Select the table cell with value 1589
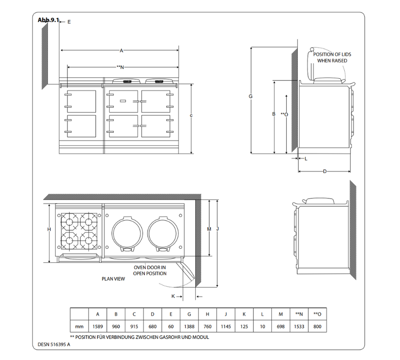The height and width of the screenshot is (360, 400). (x=98, y=327)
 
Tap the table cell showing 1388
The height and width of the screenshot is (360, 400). (x=189, y=327)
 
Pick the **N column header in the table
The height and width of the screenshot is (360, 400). (x=299, y=314)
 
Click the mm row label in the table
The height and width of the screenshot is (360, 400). (x=79, y=327)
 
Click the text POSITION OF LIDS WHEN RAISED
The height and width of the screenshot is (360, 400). (x=332, y=57)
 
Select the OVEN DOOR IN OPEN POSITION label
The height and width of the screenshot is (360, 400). (x=150, y=270)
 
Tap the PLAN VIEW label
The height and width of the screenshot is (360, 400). (x=113, y=279)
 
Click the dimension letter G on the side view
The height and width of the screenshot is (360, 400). (x=251, y=96)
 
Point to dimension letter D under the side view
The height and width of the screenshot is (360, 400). (x=324, y=171)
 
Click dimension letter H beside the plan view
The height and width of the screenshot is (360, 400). (x=49, y=229)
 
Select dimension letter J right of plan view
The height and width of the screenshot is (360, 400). (x=217, y=229)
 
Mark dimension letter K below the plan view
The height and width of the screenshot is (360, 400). (x=173, y=296)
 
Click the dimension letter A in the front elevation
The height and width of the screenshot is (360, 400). (x=121, y=50)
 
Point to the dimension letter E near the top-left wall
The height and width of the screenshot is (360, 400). (x=69, y=22)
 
